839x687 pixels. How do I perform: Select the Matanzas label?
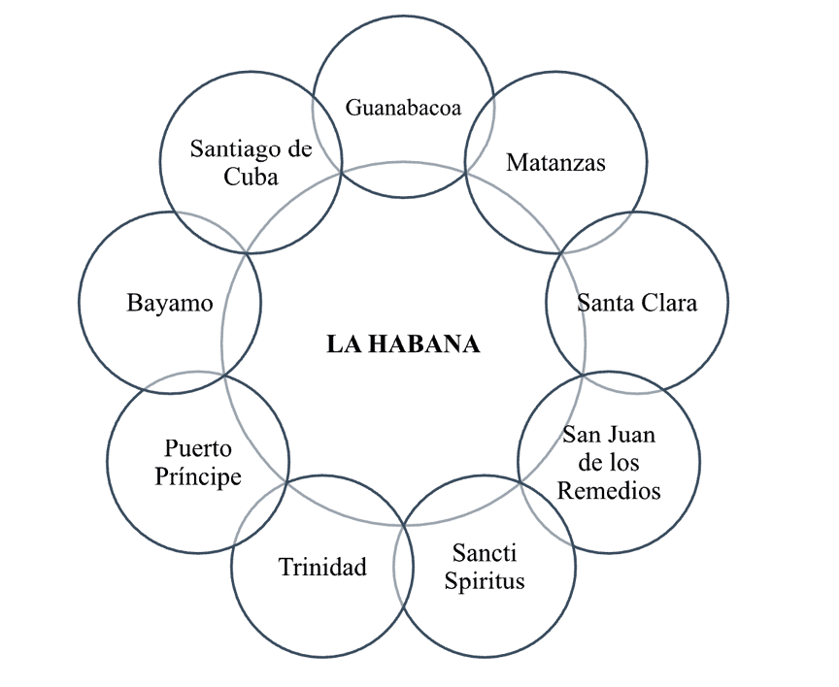(x=555, y=162)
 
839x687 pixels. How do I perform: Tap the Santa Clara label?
(x=637, y=303)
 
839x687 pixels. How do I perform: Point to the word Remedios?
(x=609, y=490)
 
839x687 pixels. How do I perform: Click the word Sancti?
(x=485, y=553)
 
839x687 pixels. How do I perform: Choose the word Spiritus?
(x=485, y=581)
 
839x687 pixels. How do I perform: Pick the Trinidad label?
(x=322, y=567)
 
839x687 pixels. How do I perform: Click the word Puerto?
(x=198, y=449)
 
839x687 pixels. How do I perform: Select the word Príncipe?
(x=198, y=477)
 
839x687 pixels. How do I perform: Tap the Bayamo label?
(x=170, y=303)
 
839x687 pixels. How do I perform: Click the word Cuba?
(x=251, y=177)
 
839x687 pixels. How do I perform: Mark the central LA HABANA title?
(x=403, y=344)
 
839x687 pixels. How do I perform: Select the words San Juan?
(x=609, y=433)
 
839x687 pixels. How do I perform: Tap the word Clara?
(x=670, y=303)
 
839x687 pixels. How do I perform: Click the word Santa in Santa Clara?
(x=607, y=303)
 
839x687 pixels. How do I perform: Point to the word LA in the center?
(x=340, y=344)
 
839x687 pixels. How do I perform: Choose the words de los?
(x=609, y=461)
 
